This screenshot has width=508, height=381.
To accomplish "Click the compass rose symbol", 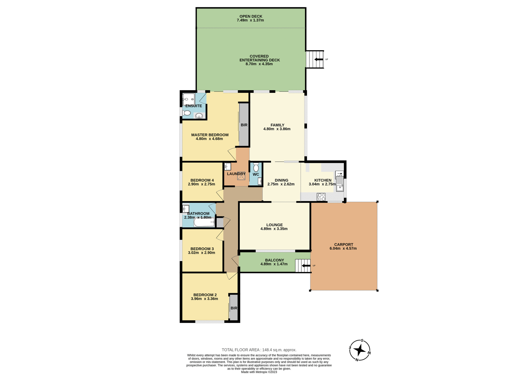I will pos(360,350).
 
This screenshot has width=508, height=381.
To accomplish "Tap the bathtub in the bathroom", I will pos(204,222).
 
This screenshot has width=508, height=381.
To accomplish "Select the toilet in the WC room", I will pos(256,167).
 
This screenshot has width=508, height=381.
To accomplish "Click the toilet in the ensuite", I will pos(187,113).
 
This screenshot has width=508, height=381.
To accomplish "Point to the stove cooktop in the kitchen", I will pos(321,197).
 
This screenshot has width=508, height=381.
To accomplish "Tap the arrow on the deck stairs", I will pos(319,60).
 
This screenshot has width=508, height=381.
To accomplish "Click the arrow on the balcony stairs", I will pos(306,266).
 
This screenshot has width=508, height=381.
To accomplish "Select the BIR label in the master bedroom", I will pos(244,125).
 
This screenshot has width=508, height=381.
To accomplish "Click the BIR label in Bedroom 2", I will pos(234,308).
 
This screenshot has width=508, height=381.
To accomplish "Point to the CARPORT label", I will pos(343,244).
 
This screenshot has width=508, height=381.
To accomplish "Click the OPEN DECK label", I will pos(251,16).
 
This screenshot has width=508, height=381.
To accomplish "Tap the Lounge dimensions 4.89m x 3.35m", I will pos(274,229).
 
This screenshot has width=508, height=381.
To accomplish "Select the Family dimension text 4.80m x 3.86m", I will pos(277,129).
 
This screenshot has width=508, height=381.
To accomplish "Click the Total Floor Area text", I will pos(259,350).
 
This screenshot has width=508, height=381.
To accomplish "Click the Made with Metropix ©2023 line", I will pos(259,372).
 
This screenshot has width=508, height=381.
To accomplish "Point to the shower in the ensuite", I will pos(188,99).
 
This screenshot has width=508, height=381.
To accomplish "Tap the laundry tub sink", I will pos(228,167).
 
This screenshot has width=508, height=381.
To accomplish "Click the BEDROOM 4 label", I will pos(202,180).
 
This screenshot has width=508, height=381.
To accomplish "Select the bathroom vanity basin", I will pos(186,209).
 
